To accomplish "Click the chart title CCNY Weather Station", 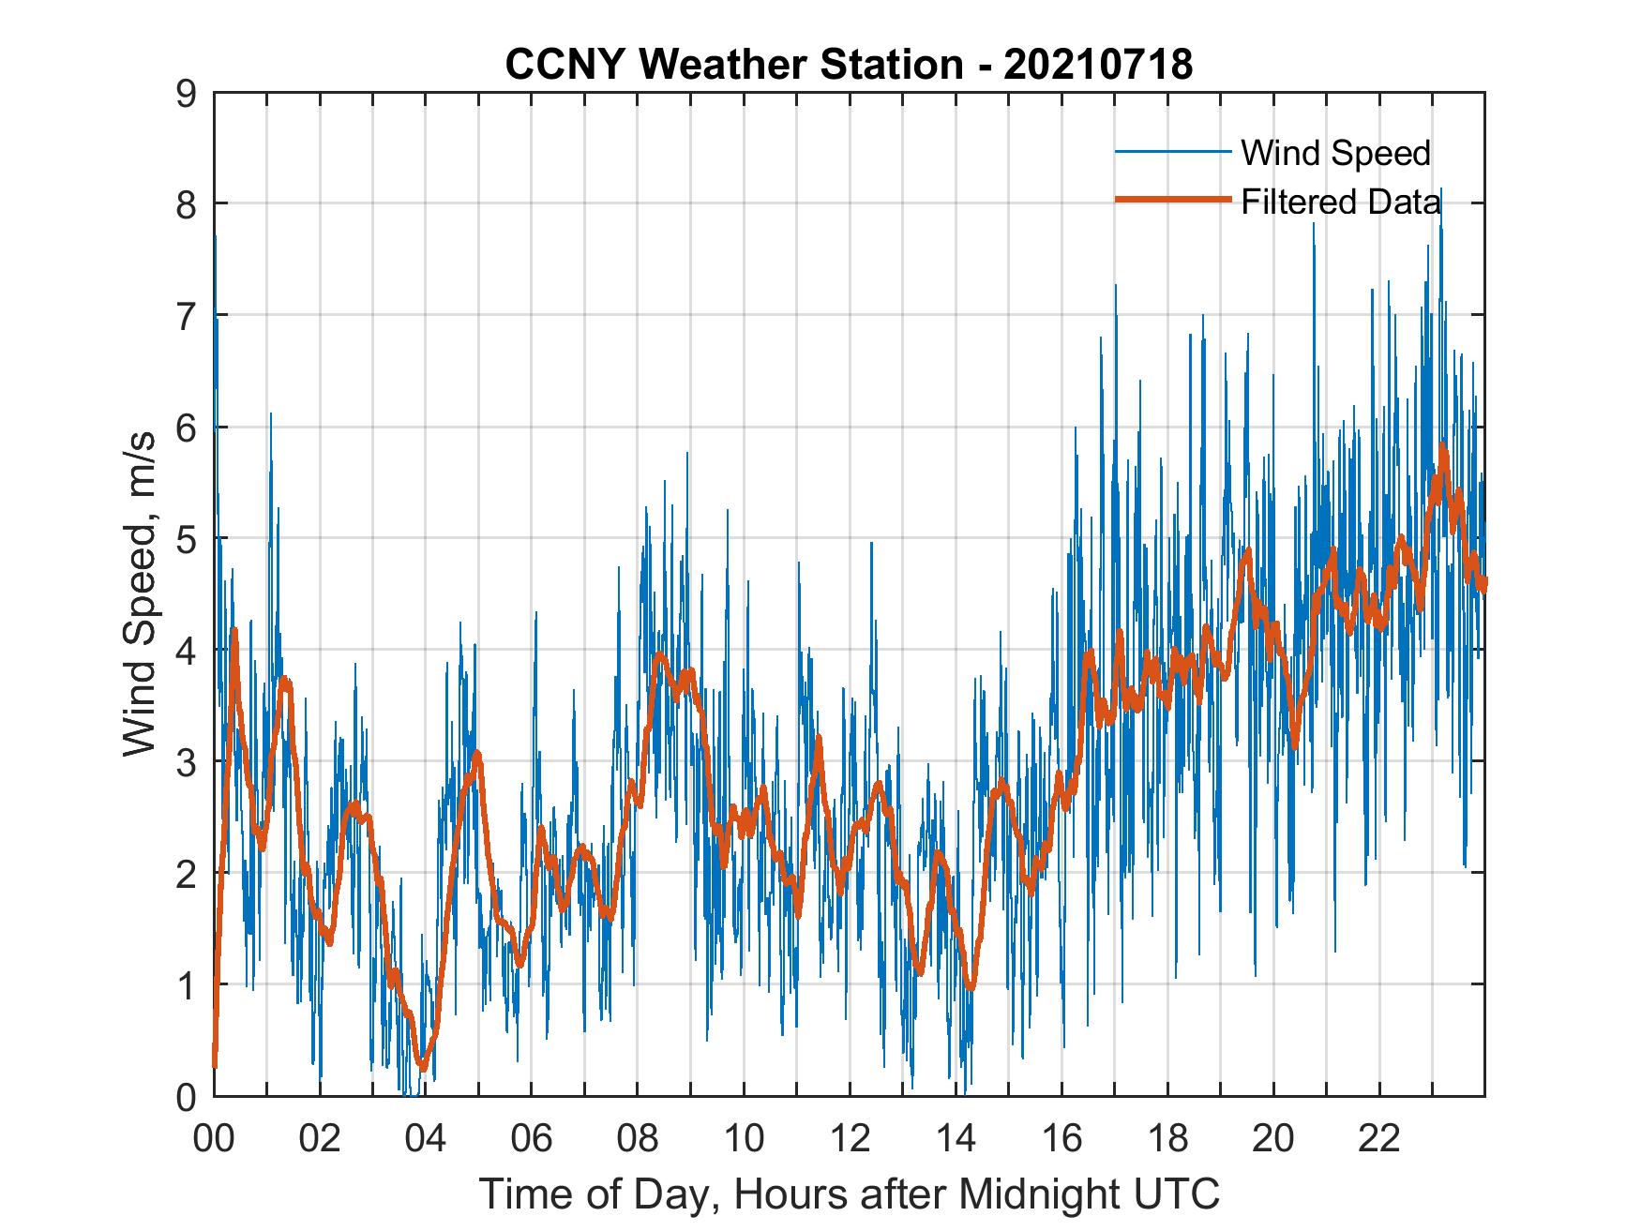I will point(733,65).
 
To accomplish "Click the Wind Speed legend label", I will point(1335,153).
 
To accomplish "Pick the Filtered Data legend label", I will point(1340,202).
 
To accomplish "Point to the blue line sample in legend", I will point(1172,152).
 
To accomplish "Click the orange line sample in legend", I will point(1172,200).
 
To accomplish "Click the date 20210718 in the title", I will point(1097,65).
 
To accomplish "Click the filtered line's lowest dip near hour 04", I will point(423,1066).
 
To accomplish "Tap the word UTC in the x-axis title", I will point(1179,1193).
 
